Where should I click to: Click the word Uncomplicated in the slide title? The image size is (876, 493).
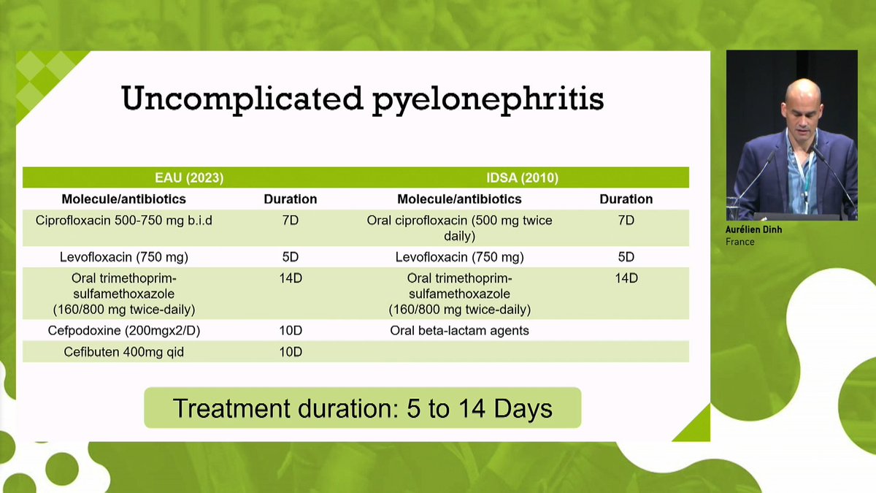[x=242, y=99]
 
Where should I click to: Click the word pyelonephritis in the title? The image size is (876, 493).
[x=488, y=101]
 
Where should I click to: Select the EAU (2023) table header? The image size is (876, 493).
[x=189, y=178]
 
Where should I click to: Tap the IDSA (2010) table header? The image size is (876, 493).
[x=523, y=178]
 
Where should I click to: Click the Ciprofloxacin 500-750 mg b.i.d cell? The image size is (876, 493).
[x=124, y=221]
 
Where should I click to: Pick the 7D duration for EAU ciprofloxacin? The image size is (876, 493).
[x=291, y=221]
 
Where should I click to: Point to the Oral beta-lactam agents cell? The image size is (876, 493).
[x=459, y=331]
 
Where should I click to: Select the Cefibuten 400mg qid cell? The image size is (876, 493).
[x=124, y=352]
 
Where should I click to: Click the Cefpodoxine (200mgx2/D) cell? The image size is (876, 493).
[x=124, y=331]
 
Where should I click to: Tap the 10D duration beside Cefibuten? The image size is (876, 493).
[x=291, y=352]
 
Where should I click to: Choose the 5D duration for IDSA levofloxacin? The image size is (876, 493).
[x=626, y=257]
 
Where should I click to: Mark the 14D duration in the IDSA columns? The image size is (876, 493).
[x=626, y=278]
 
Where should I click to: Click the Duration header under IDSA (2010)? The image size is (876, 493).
[x=626, y=199]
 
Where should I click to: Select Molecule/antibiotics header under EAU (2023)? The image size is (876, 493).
[x=124, y=199]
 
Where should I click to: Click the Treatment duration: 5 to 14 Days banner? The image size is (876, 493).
[x=363, y=408]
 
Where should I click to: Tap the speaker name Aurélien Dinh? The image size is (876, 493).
[x=753, y=229]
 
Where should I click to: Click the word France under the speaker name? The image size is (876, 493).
[x=740, y=242]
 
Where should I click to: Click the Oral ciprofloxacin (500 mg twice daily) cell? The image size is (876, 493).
[x=459, y=228]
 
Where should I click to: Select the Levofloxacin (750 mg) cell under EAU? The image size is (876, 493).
[x=124, y=257]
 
